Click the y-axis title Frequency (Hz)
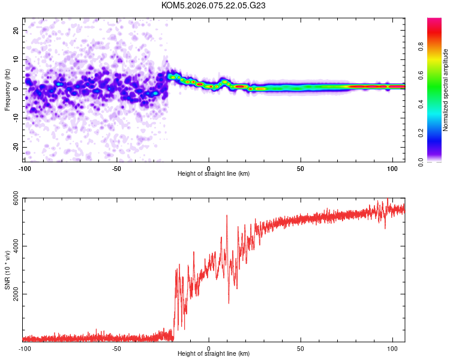pos(7,89)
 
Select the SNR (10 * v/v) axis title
pos(7,270)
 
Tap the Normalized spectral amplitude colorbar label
pos(446,90)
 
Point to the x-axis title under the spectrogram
pos(214,173)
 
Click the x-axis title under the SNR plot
pos(214,353)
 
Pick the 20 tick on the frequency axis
pos(16,30)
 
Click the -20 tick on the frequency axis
pos(15,147)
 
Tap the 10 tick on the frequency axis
pos(16,59)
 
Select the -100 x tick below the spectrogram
pos(25,168)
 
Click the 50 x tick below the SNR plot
pos(301,348)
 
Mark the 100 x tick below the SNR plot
pos(392,348)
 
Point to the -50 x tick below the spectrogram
pos(116,168)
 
